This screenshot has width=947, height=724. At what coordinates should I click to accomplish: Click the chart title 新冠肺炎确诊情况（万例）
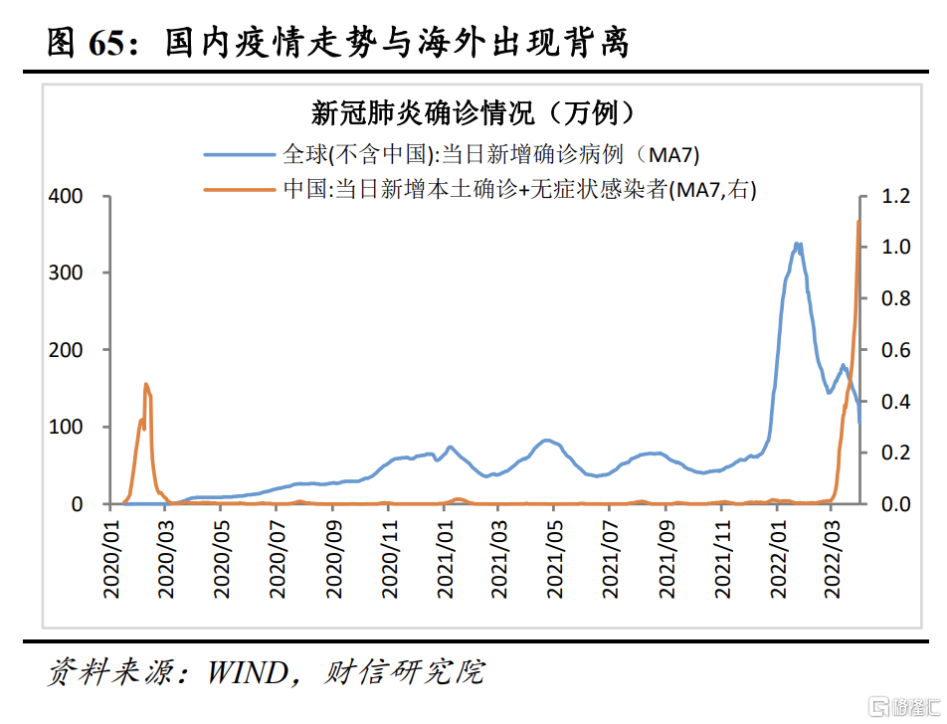(x=473, y=112)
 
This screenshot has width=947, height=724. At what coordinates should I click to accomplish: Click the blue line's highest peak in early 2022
(x=797, y=243)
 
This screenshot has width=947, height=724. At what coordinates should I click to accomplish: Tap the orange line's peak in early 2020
(x=145, y=384)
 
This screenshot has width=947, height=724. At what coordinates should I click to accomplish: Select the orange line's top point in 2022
(x=858, y=221)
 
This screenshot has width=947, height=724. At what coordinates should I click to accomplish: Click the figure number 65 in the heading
(x=112, y=43)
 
